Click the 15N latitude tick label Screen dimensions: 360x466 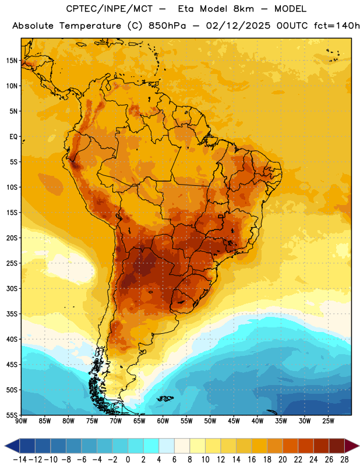click(12, 61)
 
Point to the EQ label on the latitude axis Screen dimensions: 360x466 click(13, 137)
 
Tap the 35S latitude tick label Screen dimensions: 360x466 click(12, 314)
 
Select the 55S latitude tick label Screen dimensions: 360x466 click(12, 415)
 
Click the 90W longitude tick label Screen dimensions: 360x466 click(21, 421)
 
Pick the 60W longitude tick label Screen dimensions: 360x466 click(163, 421)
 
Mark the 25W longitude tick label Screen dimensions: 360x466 click(328, 421)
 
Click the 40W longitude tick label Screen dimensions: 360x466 click(257, 421)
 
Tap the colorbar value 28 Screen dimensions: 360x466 click(344, 460)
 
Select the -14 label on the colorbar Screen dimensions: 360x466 click(20, 460)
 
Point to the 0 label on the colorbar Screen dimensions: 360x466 click(128, 460)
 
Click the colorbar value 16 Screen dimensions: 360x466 click(252, 460)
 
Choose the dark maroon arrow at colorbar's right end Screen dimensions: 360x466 click(352, 446)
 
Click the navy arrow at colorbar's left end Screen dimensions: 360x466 click(12, 446)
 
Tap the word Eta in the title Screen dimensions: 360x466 click(186, 9)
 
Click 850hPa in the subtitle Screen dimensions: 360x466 click(167, 26)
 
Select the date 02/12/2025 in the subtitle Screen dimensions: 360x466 click(238, 26)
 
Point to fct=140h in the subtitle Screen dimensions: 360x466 click(337, 26)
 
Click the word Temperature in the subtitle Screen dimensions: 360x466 click(90, 26)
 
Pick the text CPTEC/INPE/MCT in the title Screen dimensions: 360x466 click(110, 9)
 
